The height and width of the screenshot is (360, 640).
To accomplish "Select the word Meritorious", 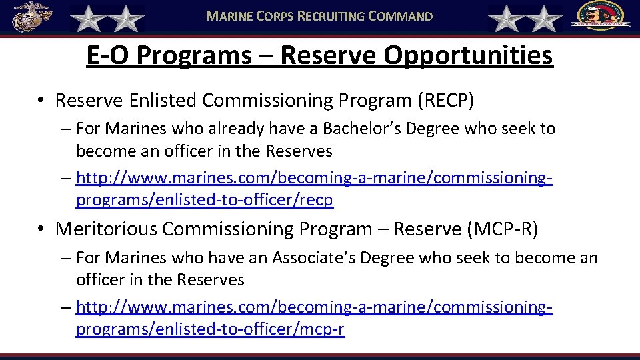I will [x=107, y=229].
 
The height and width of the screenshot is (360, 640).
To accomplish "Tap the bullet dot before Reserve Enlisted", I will [x=41, y=101].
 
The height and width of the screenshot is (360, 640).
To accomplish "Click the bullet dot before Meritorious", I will [x=41, y=229].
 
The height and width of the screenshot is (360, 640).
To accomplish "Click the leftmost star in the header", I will [x=87, y=19].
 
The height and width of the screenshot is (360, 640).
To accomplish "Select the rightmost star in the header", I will [x=545, y=19].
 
